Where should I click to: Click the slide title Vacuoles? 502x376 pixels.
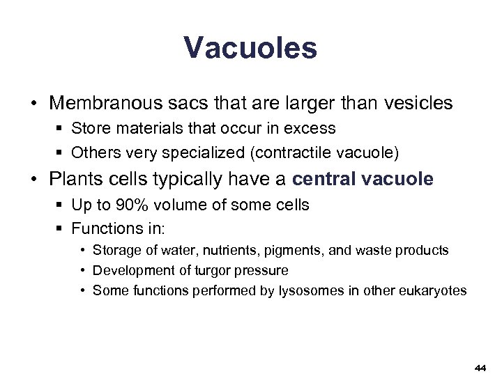click(250, 48)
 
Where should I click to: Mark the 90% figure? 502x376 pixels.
click(143, 205)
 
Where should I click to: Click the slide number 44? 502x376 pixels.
click(479, 367)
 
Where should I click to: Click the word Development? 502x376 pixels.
click(127, 269)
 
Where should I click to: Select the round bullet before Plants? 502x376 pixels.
click(33, 180)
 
